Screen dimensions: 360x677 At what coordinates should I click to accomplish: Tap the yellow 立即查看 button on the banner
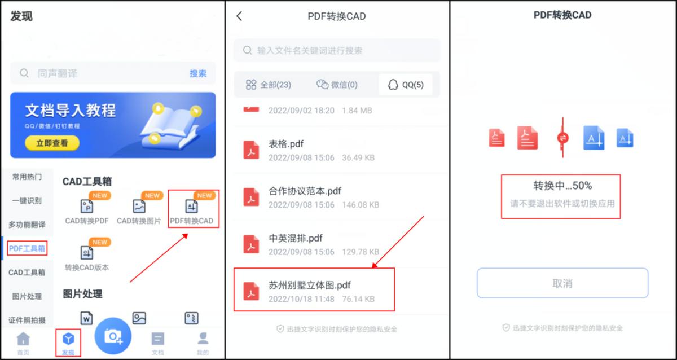click(x=52, y=143)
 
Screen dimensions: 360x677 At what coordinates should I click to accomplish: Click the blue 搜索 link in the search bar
click(x=197, y=73)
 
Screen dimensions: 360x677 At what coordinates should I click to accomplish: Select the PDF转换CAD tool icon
click(x=192, y=207)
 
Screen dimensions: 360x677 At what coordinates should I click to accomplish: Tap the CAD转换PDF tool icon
click(x=87, y=207)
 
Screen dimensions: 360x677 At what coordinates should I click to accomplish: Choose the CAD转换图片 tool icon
click(x=139, y=207)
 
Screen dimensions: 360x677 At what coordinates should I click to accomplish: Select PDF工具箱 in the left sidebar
click(x=27, y=248)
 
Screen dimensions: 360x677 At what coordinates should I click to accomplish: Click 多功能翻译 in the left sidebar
click(x=27, y=225)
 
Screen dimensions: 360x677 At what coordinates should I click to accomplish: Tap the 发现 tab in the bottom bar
click(x=68, y=341)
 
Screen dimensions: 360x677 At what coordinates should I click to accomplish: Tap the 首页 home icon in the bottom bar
click(x=23, y=341)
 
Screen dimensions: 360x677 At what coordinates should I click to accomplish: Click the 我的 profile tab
click(x=203, y=341)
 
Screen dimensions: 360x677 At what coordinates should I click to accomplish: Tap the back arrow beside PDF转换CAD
click(x=239, y=16)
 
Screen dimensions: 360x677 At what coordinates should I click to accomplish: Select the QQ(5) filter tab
click(x=406, y=85)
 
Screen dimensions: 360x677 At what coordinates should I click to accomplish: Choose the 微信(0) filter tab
click(x=337, y=85)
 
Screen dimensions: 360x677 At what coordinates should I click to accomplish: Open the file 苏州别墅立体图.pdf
click(x=310, y=286)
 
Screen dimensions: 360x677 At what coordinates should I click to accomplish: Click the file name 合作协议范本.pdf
click(x=305, y=191)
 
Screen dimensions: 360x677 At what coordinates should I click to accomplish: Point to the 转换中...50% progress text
click(x=562, y=186)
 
